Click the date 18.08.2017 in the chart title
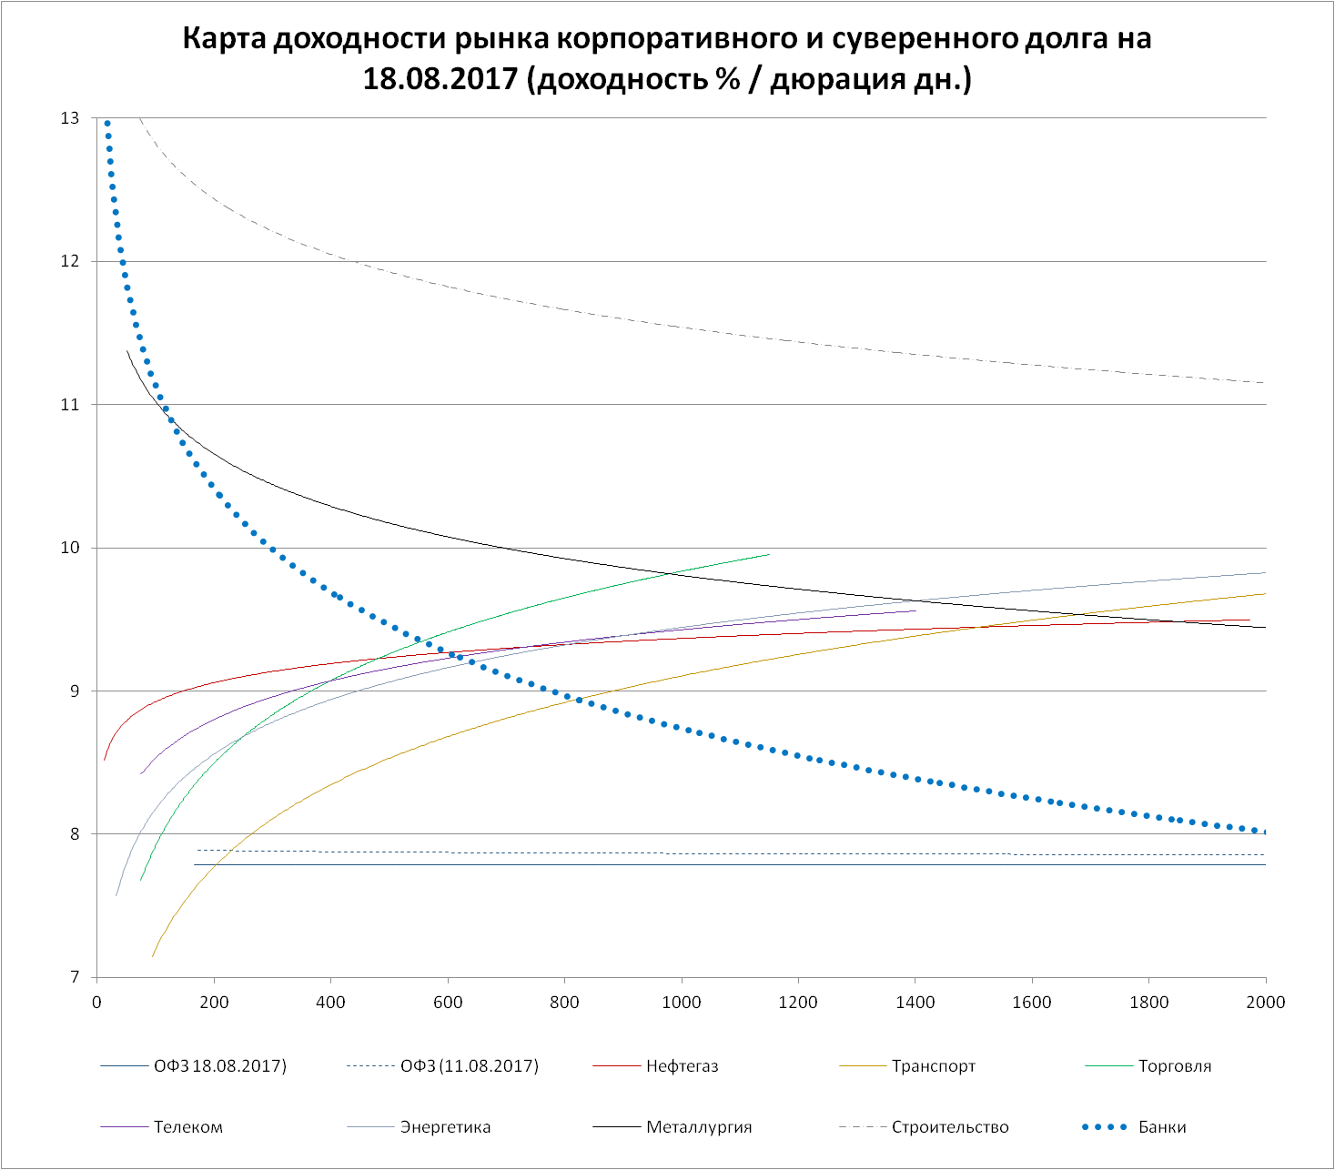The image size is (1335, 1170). pos(440,79)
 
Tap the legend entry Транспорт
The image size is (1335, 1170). pos(933,1066)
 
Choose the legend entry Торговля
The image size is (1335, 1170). pos(1174,1066)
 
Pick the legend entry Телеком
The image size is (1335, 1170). pos(188,1127)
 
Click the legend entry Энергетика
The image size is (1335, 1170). pos(445,1127)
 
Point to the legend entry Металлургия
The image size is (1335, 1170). pos(699,1127)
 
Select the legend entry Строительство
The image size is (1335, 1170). pos(950,1127)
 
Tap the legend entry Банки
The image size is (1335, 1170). pos(1162,1127)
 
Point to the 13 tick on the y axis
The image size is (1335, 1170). pos(70,118)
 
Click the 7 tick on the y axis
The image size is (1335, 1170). pos(75,978)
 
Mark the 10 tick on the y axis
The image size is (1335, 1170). pos(70,548)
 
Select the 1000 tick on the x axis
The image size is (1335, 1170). pos(682,1003)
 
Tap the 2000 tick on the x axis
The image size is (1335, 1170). pos(1265,1003)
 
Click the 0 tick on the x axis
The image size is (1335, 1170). pos(97,1003)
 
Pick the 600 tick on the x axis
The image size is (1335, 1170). pos(448,1003)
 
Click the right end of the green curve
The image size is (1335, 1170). pos(769,554)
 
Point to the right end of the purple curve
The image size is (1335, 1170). pos(915,610)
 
